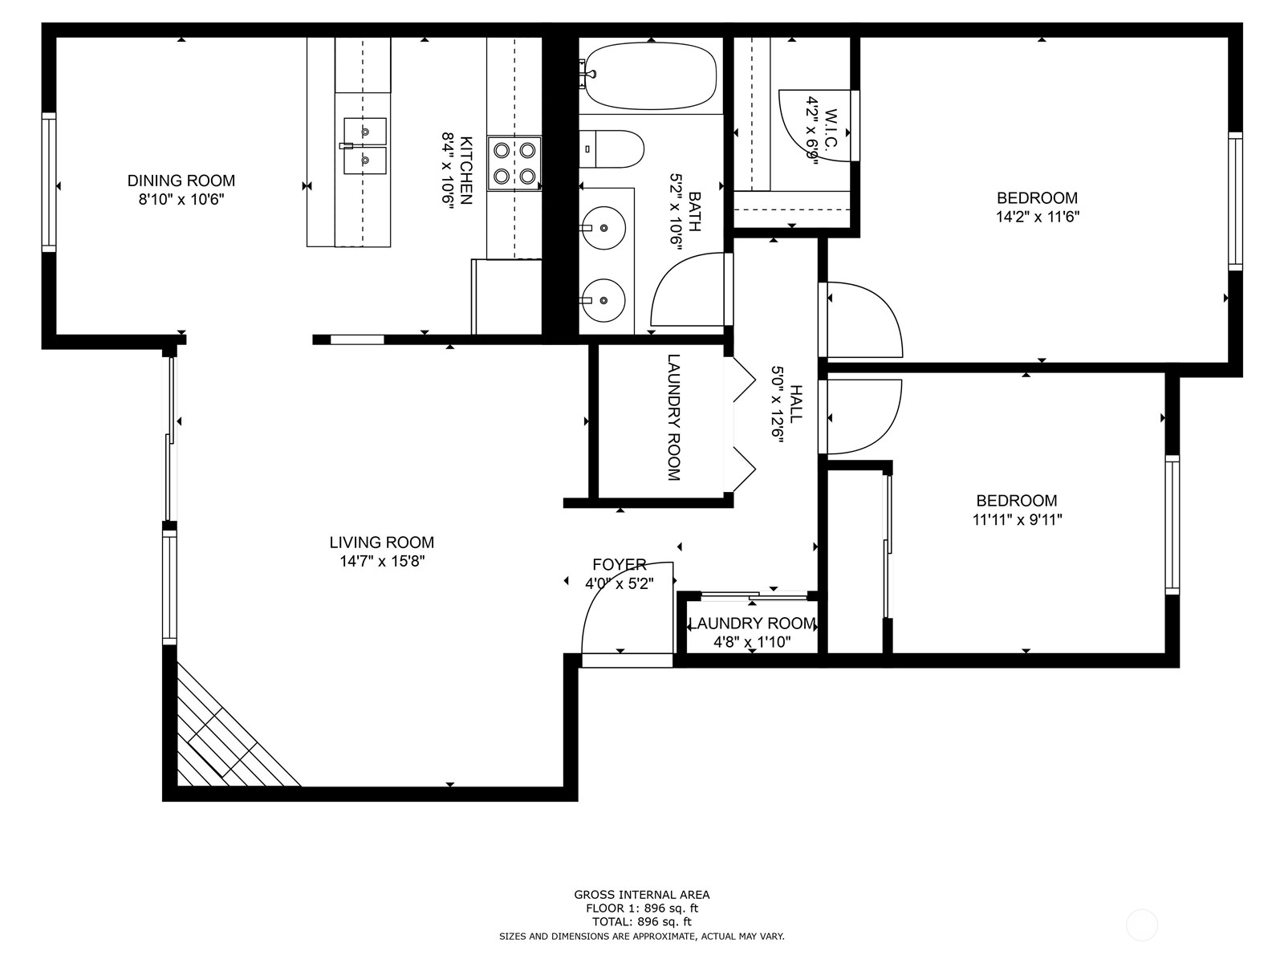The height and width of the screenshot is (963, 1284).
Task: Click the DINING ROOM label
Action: click(181, 181)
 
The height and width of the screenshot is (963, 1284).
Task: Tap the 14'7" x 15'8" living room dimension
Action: click(381, 562)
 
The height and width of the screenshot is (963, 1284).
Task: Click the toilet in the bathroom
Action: click(614, 149)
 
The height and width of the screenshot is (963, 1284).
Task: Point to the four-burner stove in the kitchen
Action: click(514, 163)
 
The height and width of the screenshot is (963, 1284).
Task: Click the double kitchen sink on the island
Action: click(365, 145)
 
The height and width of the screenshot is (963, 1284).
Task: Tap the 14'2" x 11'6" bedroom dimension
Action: click(1037, 217)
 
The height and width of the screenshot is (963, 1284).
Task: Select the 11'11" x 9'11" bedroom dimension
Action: click(1017, 519)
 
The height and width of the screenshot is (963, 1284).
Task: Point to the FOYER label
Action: click(620, 565)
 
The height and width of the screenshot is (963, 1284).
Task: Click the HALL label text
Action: click(795, 404)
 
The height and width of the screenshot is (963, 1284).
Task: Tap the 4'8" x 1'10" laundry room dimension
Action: click(752, 642)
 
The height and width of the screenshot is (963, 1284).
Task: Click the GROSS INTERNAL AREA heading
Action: click(641, 894)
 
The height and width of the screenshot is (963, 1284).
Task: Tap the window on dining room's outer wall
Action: click(50, 182)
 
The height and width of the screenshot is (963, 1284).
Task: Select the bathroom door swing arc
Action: click(686, 293)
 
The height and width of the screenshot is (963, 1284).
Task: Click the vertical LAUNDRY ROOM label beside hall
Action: click(673, 417)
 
